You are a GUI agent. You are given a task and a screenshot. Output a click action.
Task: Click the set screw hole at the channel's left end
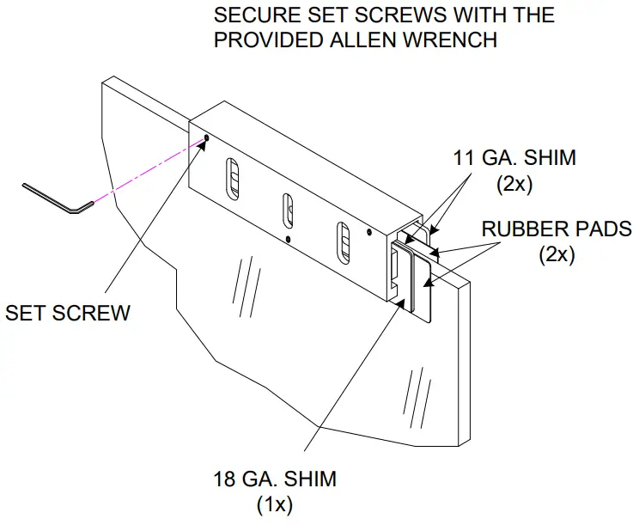pyautogui.click(x=206, y=138)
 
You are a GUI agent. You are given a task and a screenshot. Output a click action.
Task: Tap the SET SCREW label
pyautogui.click(x=68, y=312)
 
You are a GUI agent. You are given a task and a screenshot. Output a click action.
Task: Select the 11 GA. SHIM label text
pyautogui.click(x=514, y=158)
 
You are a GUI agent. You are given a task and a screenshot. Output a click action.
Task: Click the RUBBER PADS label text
pyautogui.click(x=556, y=229)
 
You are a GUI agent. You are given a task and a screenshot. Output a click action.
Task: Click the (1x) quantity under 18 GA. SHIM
pyautogui.click(x=275, y=504)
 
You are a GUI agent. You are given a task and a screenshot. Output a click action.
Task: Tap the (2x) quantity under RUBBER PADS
pyautogui.click(x=559, y=254)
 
